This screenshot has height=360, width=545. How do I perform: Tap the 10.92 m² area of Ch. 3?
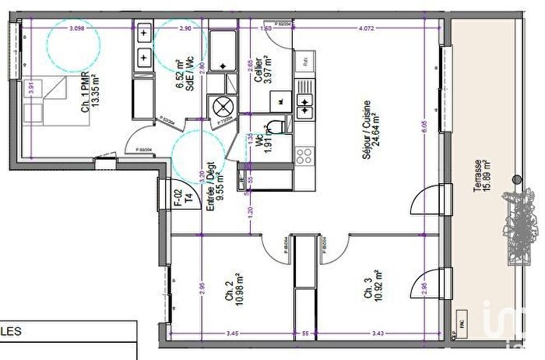pos(378,287)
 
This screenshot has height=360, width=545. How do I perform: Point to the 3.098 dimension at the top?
pos(76,28)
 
